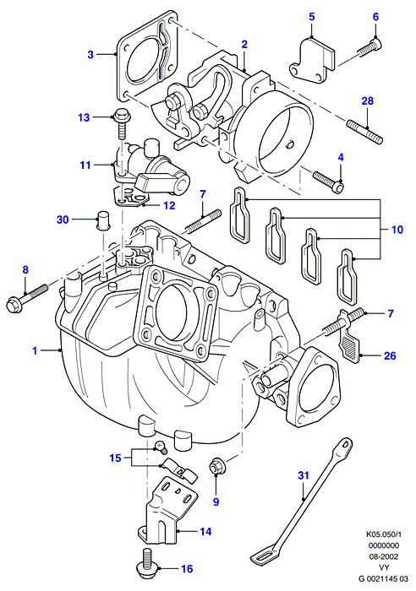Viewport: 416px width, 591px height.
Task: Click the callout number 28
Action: point(367,101)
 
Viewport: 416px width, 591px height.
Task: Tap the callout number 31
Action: point(304,475)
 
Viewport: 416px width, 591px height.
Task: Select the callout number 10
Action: point(397,230)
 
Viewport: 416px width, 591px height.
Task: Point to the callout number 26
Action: point(390,355)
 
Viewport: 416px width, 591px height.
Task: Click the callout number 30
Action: point(63,219)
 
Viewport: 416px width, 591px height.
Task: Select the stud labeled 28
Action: point(364,131)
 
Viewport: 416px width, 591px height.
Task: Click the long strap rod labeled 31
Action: point(302,502)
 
